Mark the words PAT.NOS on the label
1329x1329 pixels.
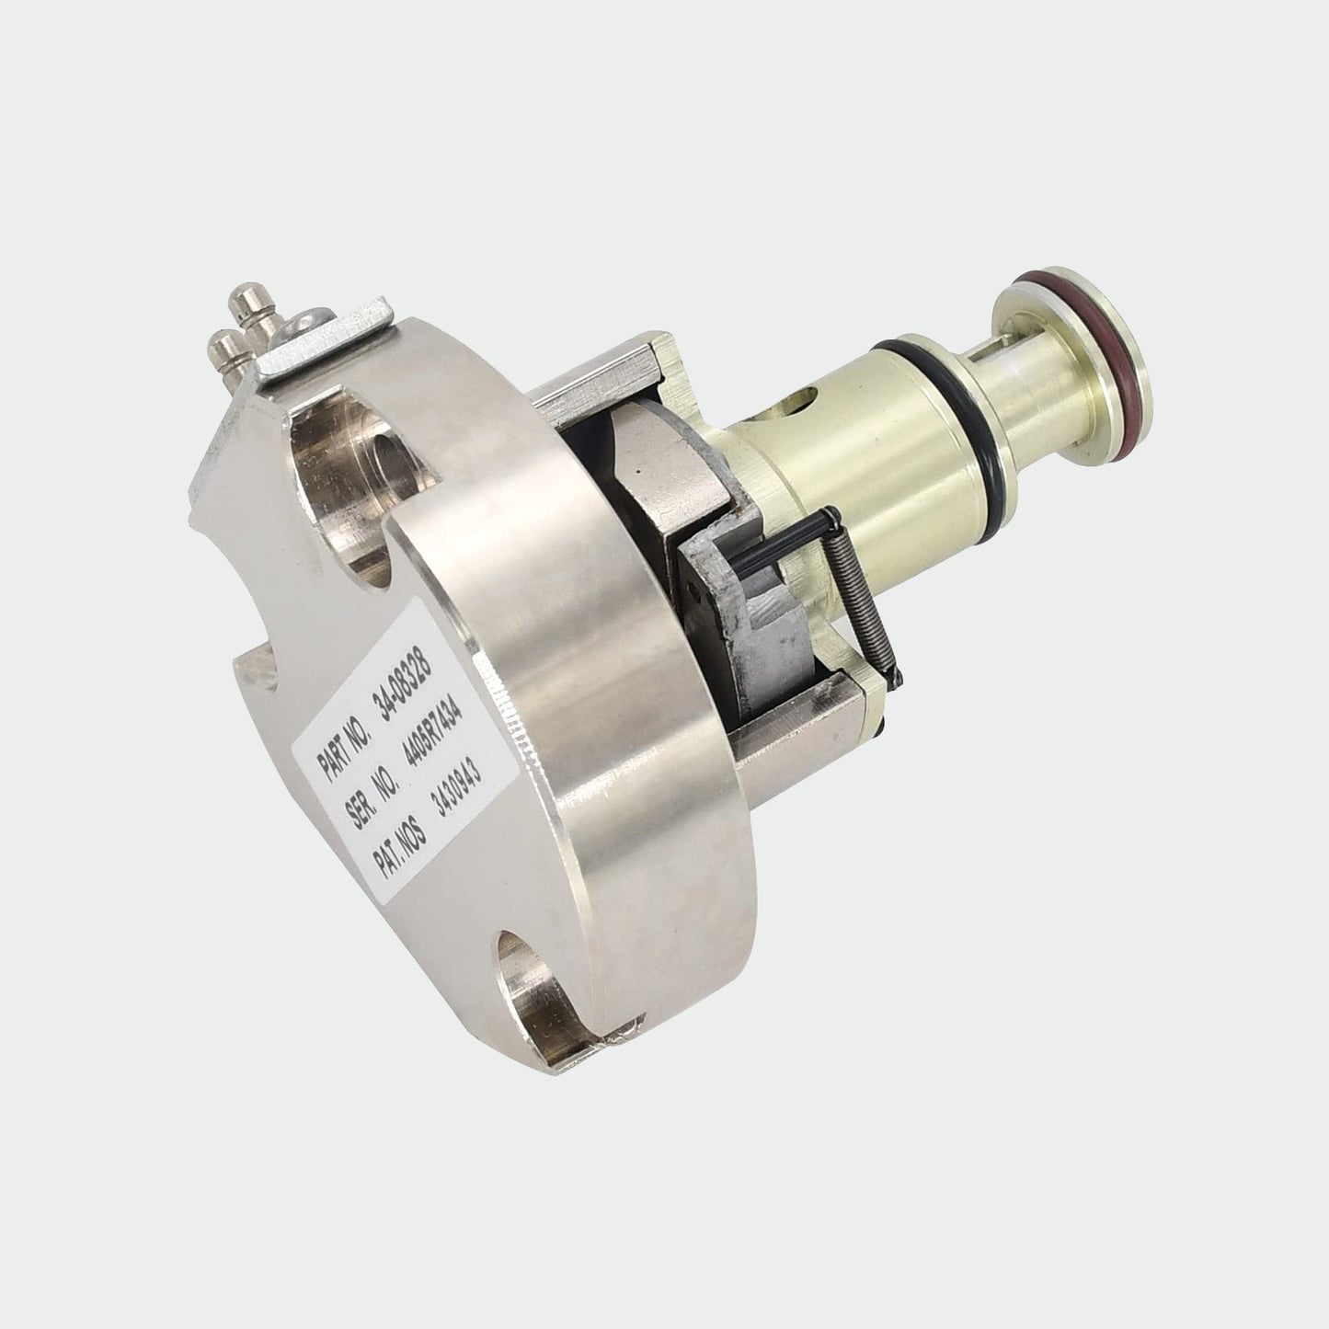397,846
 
